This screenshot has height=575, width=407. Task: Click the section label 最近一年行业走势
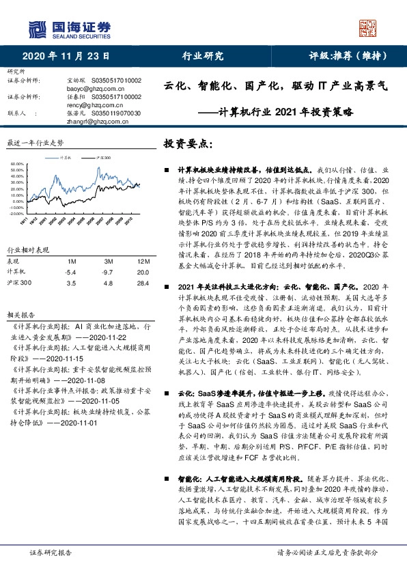point(34,143)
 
